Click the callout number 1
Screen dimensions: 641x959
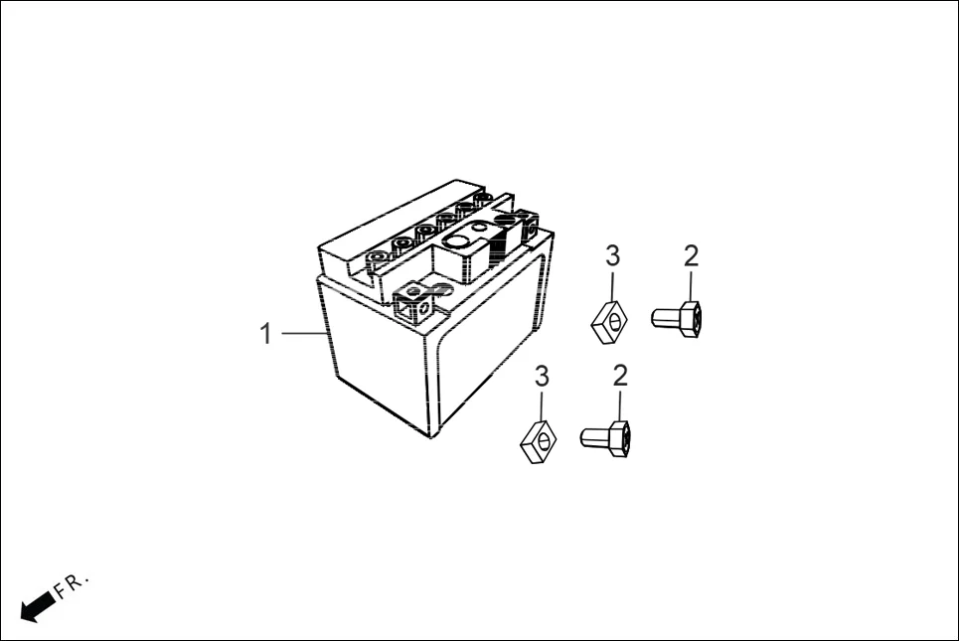point(265,334)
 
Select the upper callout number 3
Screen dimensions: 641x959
point(612,256)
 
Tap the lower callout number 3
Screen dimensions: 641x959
point(542,377)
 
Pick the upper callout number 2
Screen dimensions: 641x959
point(691,256)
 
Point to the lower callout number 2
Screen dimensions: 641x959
point(621,377)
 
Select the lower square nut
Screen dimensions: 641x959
point(538,443)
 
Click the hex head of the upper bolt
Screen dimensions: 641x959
point(692,319)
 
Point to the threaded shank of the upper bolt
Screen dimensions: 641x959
point(665,318)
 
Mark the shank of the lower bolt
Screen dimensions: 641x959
point(592,435)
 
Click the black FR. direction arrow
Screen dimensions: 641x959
point(36,604)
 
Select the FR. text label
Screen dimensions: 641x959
point(72,586)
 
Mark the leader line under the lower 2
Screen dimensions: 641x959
point(621,406)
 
